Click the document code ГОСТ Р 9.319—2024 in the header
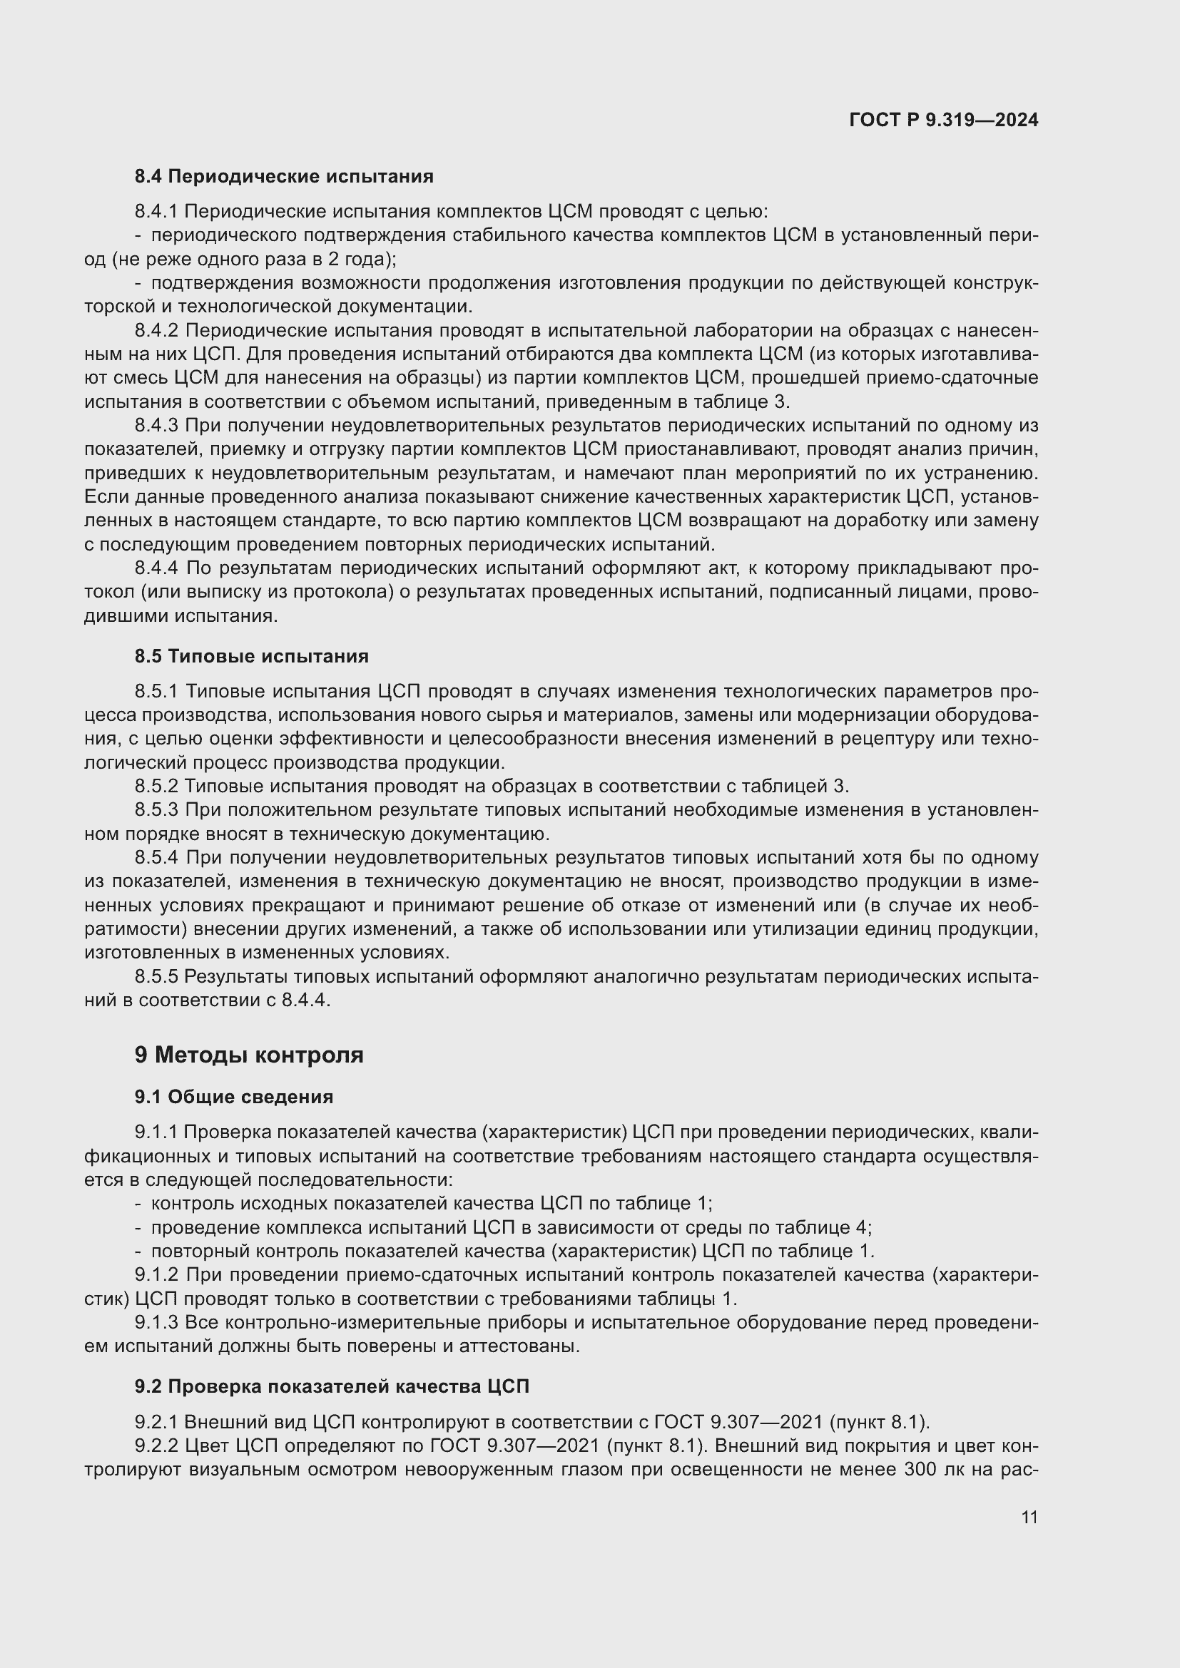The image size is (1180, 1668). [943, 121]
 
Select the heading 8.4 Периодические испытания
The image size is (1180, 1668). [283, 177]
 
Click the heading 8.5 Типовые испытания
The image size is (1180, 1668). [251, 656]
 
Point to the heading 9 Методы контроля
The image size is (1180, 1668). [248, 1055]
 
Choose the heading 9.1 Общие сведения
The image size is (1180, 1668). [233, 1097]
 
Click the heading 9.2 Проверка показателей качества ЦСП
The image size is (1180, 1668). [331, 1386]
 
